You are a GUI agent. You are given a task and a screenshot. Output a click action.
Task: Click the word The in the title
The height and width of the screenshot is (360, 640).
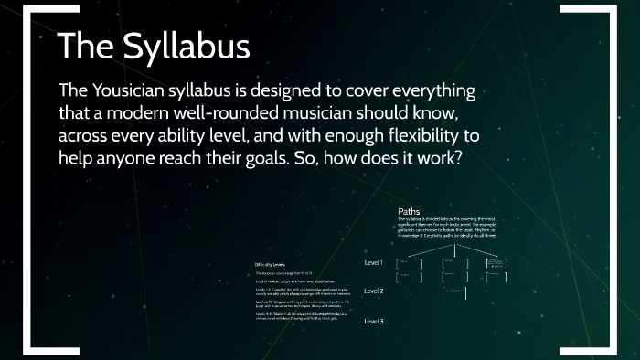pos(86,47)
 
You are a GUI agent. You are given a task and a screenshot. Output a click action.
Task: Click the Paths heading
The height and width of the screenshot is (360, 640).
pos(409,212)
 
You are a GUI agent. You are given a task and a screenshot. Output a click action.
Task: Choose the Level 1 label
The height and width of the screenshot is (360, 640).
pos(373,263)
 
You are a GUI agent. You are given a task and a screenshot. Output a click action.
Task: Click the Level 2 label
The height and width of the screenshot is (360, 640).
pos(373,291)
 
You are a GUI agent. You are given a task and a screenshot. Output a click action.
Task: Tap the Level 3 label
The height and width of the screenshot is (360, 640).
pos(373,322)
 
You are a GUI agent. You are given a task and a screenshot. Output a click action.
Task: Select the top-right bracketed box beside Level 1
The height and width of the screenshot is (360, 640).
pos(498,262)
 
